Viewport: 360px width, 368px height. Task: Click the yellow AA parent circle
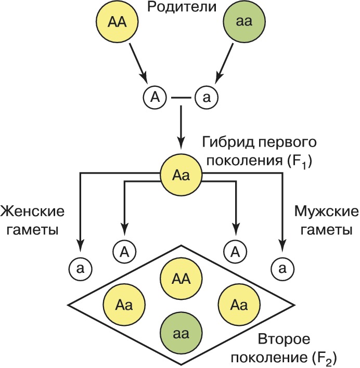pyautogui.click(x=117, y=22)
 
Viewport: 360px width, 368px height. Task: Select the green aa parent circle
pyautogui.click(x=245, y=22)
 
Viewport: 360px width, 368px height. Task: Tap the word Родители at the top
pyautogui.click(x=182, y=7)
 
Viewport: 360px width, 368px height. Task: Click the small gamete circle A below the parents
pyautogui.click(x=155, y=97)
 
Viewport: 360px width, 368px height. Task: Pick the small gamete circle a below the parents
pyautogui.click(x=207, y=97)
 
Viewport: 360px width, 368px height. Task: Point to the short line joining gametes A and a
pyautogui.click(x=181, y=97)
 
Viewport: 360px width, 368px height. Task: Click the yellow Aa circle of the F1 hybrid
pyautogui.click(x=181, y=175)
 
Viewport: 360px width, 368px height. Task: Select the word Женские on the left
pyautogui.click(x=32, y=211)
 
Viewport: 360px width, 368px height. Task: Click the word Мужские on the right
pyautogui.click(x=327, y=212)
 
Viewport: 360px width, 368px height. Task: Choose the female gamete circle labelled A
pyautogui.click(x=125, y=252)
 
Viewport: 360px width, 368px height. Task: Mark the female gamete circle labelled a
pyautogui.click(x=81, y=269)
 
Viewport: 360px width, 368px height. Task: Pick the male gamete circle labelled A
pyautogui.click(x=235, y=252)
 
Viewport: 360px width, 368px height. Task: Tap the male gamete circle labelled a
pyautogui.click(x=282, y=269)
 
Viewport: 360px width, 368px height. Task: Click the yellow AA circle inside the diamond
pyautogui.click(x=181, y=279)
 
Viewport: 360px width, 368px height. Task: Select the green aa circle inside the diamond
pyautogui.click(x=181, y=334)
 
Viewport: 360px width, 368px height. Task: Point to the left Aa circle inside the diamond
pyautogui.click(x=124, y=305)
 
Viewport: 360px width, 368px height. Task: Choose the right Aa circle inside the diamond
pyautogui.click(x=239, y=305)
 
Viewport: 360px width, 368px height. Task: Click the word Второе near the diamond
pyautogui.click(x=284, y=339)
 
